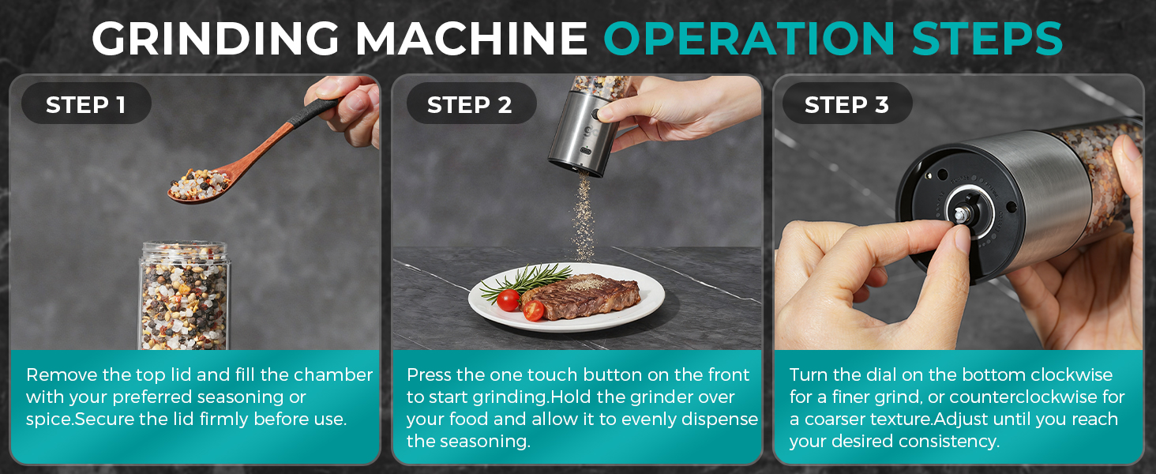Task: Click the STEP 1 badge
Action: [86, 103]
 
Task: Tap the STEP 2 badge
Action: [471, 103]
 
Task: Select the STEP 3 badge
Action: [847, 103]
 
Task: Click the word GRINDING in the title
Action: [216, 38]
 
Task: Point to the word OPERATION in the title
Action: [749, 38]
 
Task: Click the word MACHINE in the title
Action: [471, 38]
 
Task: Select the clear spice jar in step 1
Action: [184, 296]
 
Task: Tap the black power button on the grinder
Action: [598, 115]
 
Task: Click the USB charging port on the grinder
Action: [586, 152]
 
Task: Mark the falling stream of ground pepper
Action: [584, 217]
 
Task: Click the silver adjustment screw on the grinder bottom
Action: [962, 214]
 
